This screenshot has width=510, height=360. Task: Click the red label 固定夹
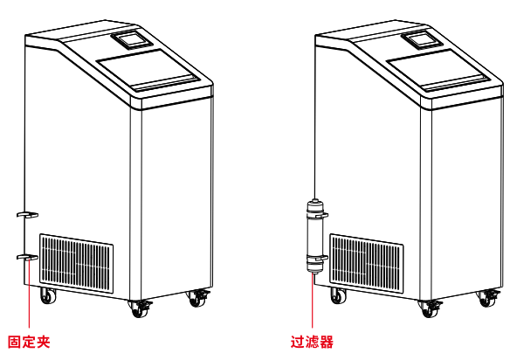pyautogui.click(x=29, y=343)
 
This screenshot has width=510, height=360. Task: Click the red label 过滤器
pyautogui.click(x=312, y=343)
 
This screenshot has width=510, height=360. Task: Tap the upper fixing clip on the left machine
pyautogui.click(x=28, y=214)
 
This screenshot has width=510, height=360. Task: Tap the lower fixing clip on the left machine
pyautogui.click(x=28, y=257)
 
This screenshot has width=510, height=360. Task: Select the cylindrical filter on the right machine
pyautogui.click(x=314, y=236)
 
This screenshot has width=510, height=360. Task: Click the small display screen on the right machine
pyautogui.click(x=422, y=39)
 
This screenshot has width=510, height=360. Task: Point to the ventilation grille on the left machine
pyautogui.click(x=77, y=263)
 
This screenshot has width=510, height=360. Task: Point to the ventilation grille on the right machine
pyautogui.click(x=367, y=263)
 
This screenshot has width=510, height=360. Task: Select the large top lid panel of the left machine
pyautogui.click(x=148, y=70)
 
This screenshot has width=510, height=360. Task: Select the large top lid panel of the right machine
pyautogui.click(x=438, y=70)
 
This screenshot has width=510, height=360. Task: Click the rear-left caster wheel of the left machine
pyautogui.click(x=48, y=296)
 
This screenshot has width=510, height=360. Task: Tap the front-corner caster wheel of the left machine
pyautogui.click(x=141, y=308)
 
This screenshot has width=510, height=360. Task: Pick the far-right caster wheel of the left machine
pyautogui.click(x=197, y=298)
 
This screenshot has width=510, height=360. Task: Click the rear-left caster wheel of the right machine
pyautogui.click(x=338, y=296)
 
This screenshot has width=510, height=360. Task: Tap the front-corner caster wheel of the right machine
pyautogui.click(x=431, y=308)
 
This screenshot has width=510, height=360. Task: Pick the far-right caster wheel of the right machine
pyautogui.click(x=487, y=298)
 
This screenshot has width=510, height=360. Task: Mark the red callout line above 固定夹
pyautogui.click(x=30, y=294)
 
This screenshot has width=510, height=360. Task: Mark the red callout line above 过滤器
pyautogui.click(x=313, y=301)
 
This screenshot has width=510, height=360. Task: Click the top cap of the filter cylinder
pyautogui.click(x=314, y=204)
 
